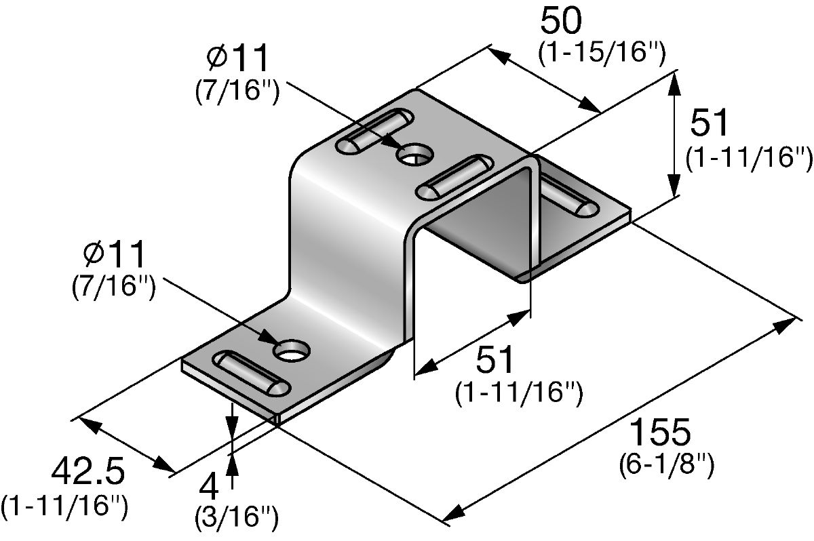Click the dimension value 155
click(660, 432)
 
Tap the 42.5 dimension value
click(88, 472)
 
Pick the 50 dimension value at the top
click(561, 21)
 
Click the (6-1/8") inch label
click(666, 465)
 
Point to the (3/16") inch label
click(237, 517)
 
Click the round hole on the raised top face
click(414, 155)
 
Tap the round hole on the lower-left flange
click(292, 350)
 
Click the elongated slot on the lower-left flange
click(252, 373)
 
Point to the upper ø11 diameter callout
click(237, 58)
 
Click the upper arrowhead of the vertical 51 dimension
click(674, 83)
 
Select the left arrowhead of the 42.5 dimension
click(88, 425)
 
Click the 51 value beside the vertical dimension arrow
click(709, 122)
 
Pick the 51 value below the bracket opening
click(495, 359)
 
